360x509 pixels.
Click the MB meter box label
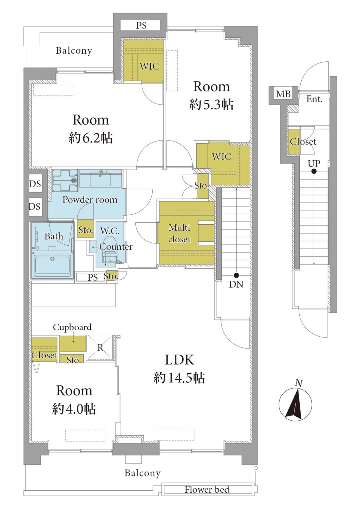283,94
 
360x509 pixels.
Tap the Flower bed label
207,489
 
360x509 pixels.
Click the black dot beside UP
314,171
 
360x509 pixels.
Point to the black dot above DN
236,276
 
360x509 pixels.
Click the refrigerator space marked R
100,347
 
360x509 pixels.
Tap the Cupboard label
72,327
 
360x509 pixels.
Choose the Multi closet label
179,233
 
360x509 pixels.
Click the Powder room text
90,200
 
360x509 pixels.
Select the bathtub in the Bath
52,266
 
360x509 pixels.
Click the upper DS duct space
35,184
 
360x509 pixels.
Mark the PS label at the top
141,25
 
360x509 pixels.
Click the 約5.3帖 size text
211,105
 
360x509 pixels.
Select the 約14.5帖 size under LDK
179,378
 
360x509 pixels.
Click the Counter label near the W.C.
116,247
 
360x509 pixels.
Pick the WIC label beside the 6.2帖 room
149,67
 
